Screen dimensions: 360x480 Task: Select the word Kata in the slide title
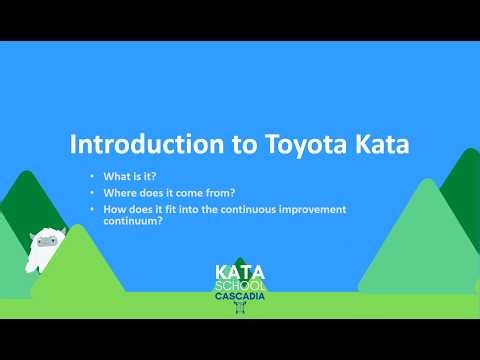(375, 144)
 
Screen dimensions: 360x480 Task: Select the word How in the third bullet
(115, 209)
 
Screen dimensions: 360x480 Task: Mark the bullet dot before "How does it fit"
(91, 209)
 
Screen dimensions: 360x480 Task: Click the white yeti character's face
(45, 242)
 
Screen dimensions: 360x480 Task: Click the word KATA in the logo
(240, 271)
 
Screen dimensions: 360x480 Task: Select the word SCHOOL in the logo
(240, 283)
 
